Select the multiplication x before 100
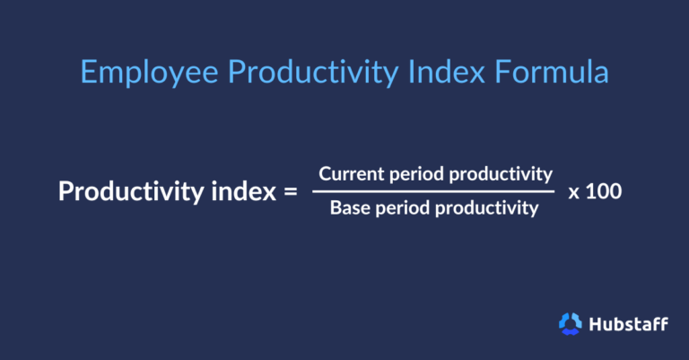coord(573,192)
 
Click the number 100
coord(604,191)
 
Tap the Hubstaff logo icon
coord(570,323)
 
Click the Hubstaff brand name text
coord(628,323)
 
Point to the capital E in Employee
coord(88,72)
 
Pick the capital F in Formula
coord(488,72)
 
